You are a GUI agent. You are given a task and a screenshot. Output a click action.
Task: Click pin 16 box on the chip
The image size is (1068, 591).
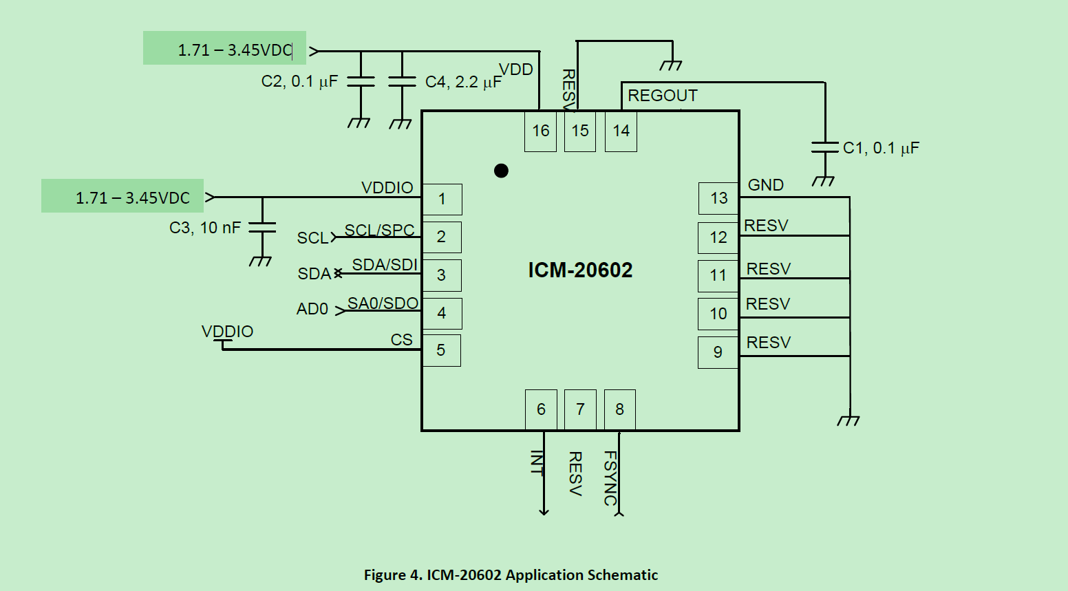click(x=540, y=131)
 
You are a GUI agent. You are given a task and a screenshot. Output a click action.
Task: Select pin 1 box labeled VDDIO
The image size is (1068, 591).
click(x=442, y=200)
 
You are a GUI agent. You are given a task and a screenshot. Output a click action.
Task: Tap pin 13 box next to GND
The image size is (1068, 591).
click(x=718, y=198)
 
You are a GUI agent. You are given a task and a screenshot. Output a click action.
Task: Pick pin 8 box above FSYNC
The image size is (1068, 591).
click(x=619, y=409)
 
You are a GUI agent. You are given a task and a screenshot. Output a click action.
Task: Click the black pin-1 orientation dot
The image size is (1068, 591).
click(x=501, y=171)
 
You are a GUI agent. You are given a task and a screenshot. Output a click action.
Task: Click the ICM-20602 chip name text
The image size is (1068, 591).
click(x=580, y=270)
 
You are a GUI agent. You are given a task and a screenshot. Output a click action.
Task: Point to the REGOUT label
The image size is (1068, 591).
click(x=662, y=96)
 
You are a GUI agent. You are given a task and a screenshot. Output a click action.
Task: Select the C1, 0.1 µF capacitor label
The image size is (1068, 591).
click(x=881, y=148)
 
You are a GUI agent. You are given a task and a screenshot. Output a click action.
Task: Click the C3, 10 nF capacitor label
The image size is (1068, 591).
click(x=205, y=228)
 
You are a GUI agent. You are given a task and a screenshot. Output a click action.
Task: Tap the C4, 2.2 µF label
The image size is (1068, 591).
click(x=463, y=82)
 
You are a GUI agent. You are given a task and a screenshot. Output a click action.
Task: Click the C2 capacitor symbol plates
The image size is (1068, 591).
click(x=361, y=81)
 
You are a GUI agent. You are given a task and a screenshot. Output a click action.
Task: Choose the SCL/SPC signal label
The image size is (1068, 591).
click(x=379, y=230)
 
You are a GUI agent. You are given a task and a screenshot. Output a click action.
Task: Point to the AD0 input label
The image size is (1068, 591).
click(x=312, y=309)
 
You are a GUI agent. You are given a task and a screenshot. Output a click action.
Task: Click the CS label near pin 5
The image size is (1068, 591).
click(x=401, y=340)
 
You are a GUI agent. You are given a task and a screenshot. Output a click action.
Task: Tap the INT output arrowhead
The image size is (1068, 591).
click(x=544, y=511)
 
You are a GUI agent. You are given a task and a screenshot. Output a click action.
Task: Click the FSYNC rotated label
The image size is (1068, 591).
click(x=610, y=477)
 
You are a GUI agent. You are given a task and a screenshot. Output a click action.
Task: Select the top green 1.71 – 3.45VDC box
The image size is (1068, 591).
click(x=224, y=48)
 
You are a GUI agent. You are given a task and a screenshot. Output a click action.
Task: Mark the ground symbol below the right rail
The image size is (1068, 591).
click(x=848, y=420)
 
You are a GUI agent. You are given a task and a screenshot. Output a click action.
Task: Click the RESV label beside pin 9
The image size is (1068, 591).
click(x=768, y=343)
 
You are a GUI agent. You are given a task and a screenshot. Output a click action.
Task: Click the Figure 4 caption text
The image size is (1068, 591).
click(x=511, y=575)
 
